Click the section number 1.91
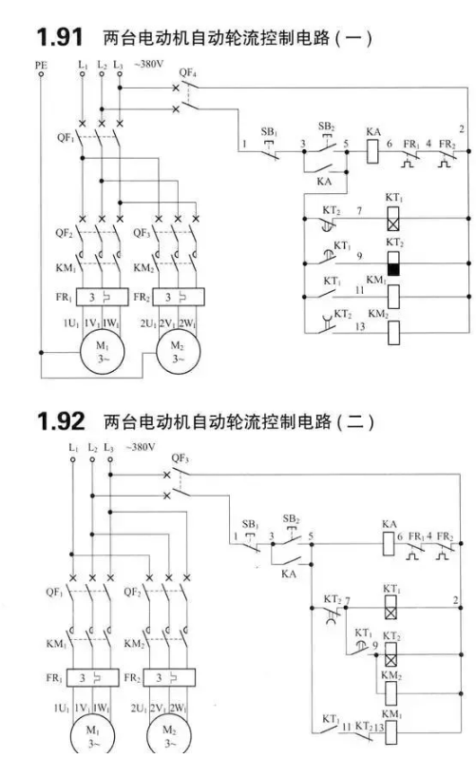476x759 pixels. [x=60, y=38]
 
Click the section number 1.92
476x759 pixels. [x=61, y=421]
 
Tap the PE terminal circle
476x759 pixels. [x=41, y=74]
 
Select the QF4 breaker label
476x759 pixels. [x=187, y=73]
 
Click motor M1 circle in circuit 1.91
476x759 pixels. [x=103, y=352]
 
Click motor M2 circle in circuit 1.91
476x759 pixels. [x=178, y=352]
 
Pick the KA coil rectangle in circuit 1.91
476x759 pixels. [x=372, y=151]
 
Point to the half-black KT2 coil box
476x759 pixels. [x=393, y=263]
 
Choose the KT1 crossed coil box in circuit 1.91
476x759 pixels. [x=393, y=219]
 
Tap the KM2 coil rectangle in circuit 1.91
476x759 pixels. [x=393, y=333]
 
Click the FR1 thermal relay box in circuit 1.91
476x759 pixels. [x=102, y=297]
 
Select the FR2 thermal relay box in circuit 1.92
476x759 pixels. [x=169, y=677]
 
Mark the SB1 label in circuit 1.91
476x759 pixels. [x=269, y=131]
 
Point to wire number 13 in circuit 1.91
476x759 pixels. [x=359, y=327]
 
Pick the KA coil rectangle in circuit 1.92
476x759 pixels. [x=389, y=544]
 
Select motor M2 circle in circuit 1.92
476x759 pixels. [x=169, y=736]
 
